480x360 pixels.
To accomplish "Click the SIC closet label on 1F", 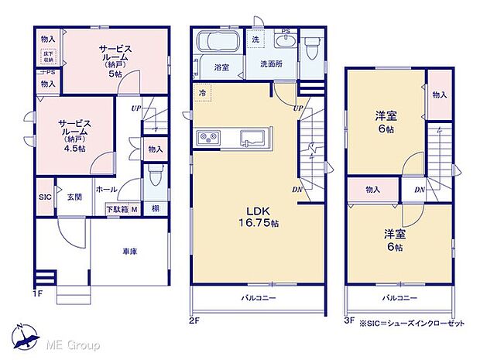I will (44, 197).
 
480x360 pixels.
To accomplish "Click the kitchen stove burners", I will (210, 139).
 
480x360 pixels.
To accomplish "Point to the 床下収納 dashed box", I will (48, 56).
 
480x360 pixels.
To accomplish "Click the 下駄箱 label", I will (117, 209).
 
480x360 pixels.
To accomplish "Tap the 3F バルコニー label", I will (399, 297).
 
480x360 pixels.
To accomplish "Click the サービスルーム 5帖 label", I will (115, 60).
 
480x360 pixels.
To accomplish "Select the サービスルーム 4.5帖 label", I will (76, 135).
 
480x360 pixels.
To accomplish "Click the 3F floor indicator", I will (349, 319).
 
